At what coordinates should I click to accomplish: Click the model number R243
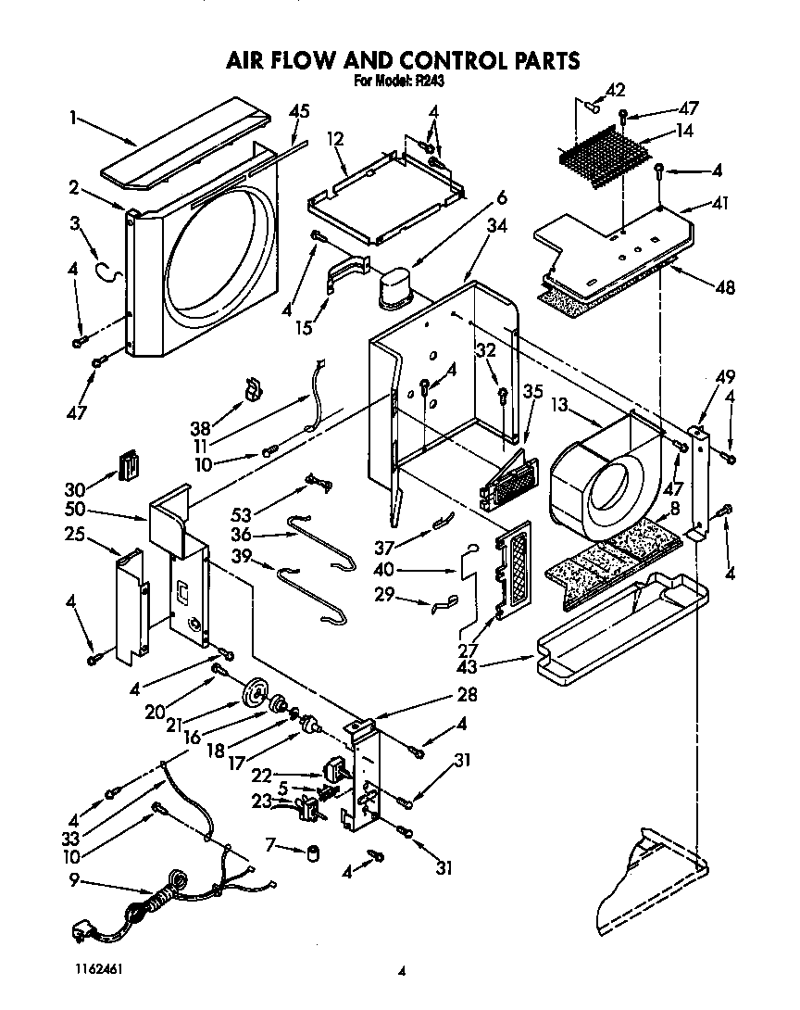pos(431,82)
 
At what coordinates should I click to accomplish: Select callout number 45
pos(298,112)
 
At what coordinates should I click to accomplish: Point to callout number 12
pos(335,139)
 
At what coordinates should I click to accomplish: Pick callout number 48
pos(725,287)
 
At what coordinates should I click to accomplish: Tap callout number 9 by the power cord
pos(73,881)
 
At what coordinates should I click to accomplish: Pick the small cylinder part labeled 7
pos(313,851)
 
